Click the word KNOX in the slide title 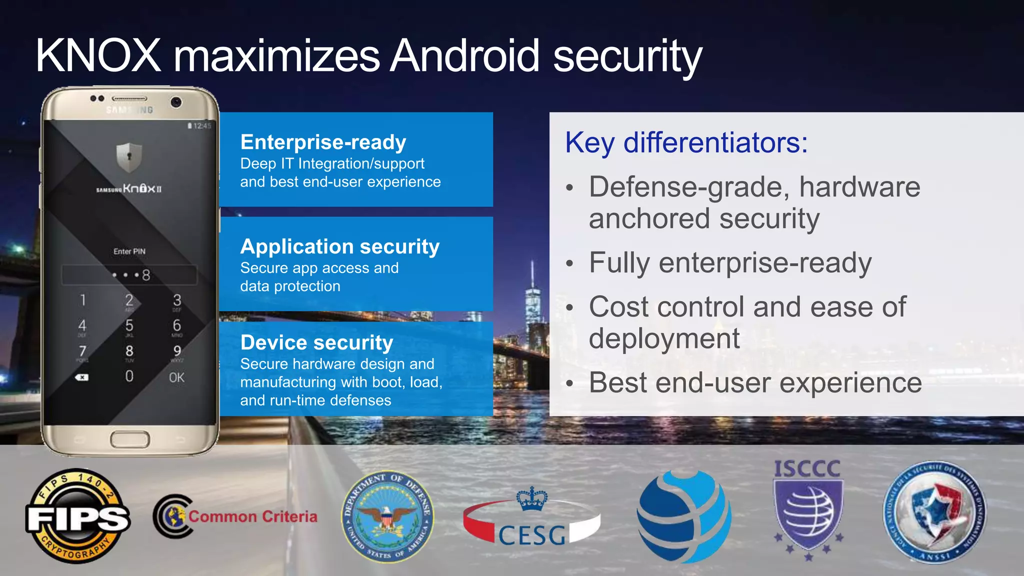click(x=98, y=55)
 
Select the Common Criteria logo click(x=235, y=516)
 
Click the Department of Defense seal click(x=387, y=517)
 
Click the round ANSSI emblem click(x=934, y=512)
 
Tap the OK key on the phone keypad click(x=176, y=377)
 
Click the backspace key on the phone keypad click(x=82, y=377)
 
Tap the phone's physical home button click(x=130, y=440)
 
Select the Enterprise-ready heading click(x=323, y=142)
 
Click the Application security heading click(x=340, y=246)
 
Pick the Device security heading click(x=316, y=342)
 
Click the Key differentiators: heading click(x=686, y=142)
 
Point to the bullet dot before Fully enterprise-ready click(x=569, y=263)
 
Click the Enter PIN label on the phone click(x=129, y=251)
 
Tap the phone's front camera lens click(x=176, y=102)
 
